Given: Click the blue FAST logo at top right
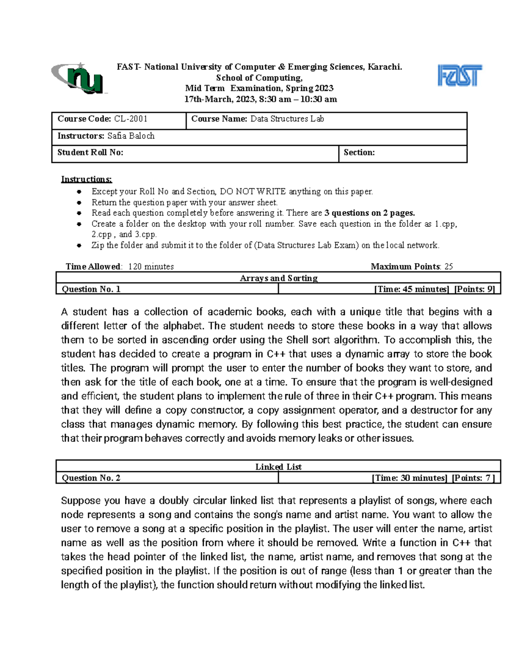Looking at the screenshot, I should pyautogui.click(x=459, y=76).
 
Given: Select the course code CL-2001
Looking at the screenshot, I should pyautogui.click(x=131, y=119).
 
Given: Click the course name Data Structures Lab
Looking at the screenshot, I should pyautogui.click(x=287, y=119).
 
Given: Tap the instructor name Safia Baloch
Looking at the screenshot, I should pyautogui.click(x=131, y=136).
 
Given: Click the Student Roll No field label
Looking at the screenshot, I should pyautogui.click(x=90, y=152).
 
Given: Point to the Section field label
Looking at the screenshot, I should pyautogui.click(x=359, y=152).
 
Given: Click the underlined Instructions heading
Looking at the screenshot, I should pyautogui.click(x=86, y=179).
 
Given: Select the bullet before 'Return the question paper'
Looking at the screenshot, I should pyautogui.click(x=79, y=203).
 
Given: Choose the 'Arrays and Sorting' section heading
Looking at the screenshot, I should pyautogui.click(x=279, y=278).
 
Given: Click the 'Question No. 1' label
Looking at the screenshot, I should pyautogui.click(x=91, y=289).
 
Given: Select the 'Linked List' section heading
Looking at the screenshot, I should pyautogui.click(x=279, y=466).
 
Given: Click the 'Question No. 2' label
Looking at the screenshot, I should pyautogui.click(x=91, y=478).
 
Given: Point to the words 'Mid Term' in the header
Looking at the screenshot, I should pyautogui.click(x=205, y=88).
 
